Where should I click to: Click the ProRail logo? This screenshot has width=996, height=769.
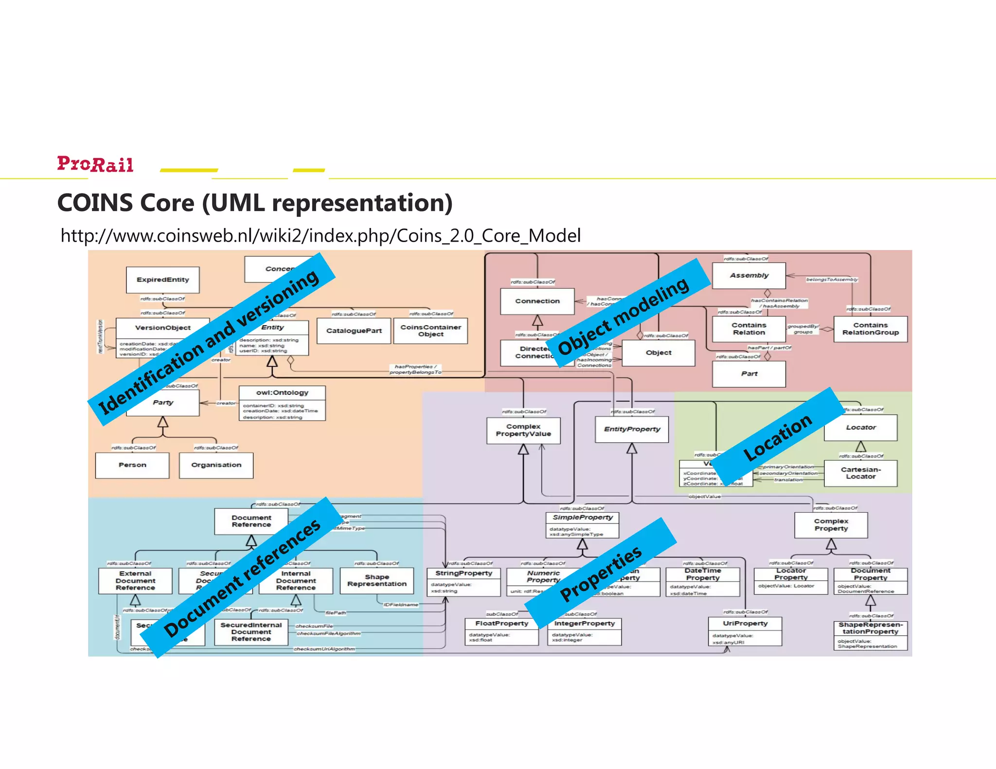95,164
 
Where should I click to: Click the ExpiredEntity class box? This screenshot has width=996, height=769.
162,280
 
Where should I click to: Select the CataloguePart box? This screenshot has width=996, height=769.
354,331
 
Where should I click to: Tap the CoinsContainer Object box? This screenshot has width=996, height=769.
430,331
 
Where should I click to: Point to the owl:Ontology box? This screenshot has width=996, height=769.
282,403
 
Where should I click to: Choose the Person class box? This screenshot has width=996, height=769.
132,465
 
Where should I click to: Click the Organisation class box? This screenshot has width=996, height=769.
216,465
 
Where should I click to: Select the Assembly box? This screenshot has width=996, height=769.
748,276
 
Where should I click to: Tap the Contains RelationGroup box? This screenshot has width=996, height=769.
870,329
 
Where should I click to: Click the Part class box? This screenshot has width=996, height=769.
748,374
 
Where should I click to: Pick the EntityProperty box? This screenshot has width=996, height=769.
632,429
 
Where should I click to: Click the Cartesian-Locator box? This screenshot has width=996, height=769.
860,473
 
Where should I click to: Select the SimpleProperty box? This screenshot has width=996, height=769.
582,524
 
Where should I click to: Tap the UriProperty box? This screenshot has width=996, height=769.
745,631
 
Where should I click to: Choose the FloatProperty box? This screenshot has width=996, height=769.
501,631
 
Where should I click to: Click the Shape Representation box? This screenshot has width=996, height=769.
376,580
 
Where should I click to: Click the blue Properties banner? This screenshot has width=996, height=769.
601,574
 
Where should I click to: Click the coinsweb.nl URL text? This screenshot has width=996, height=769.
320,236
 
